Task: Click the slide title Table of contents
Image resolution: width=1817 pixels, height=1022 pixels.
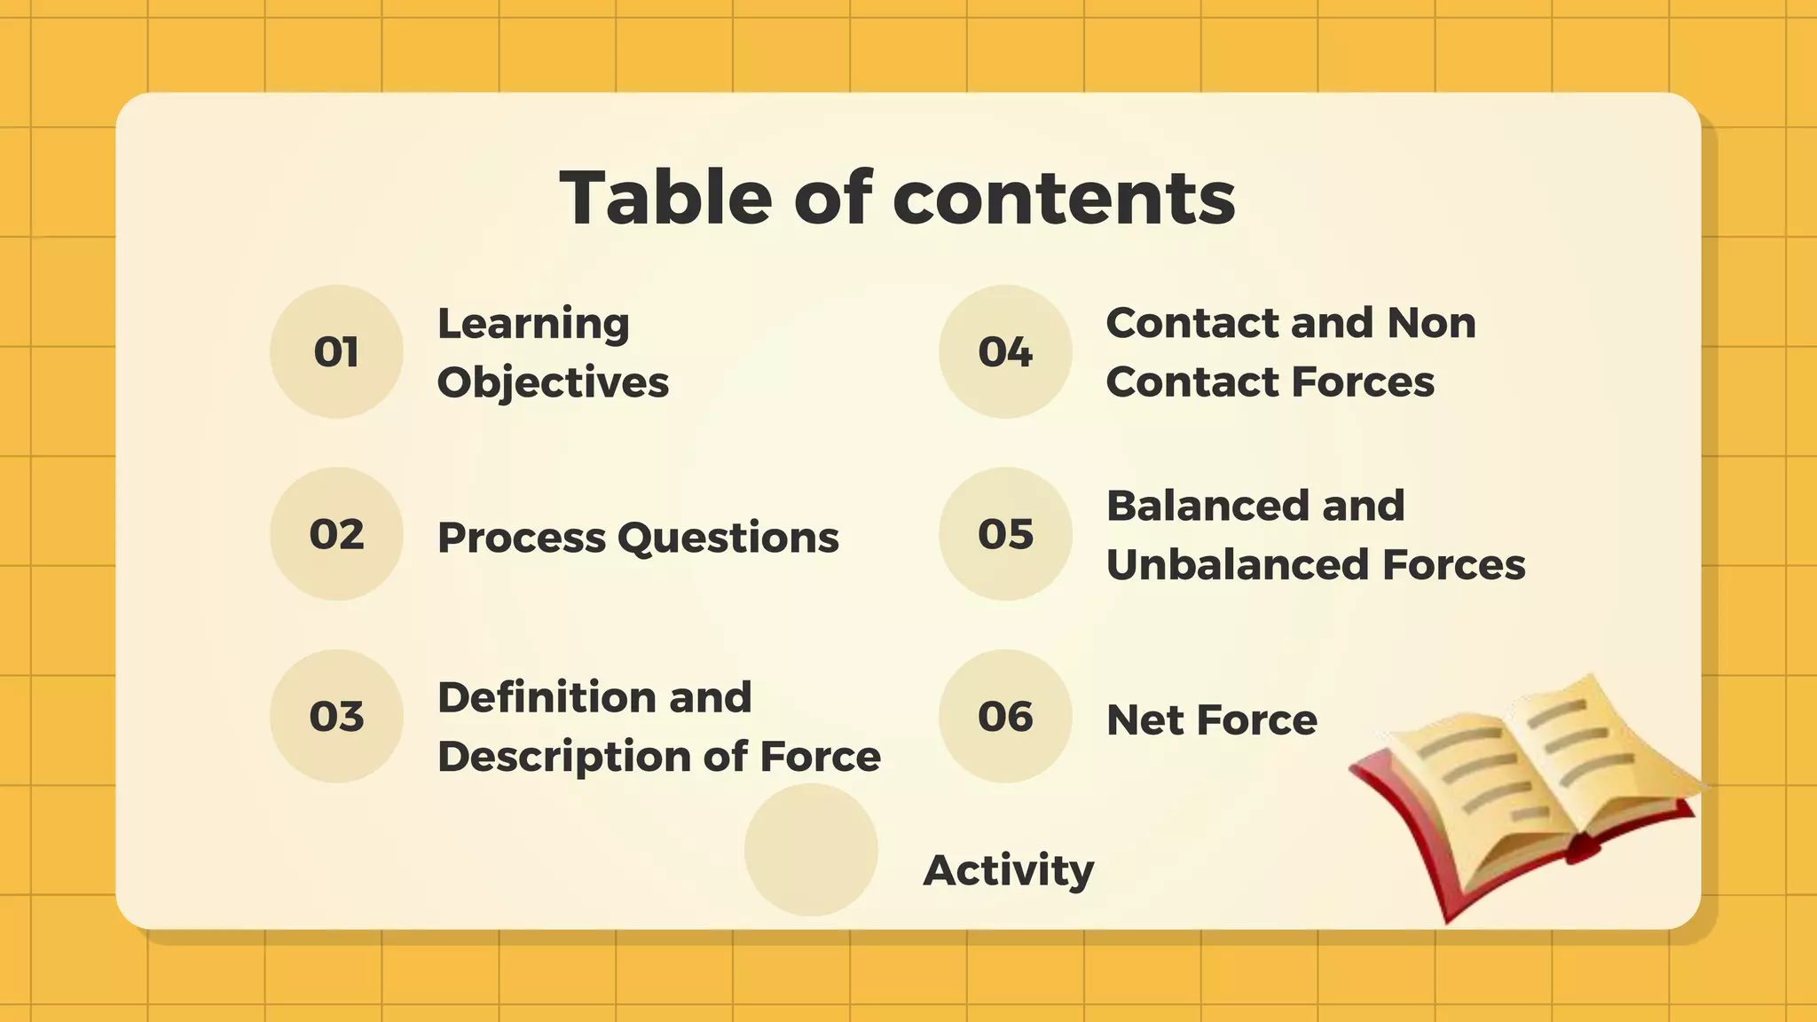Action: coord(897,197)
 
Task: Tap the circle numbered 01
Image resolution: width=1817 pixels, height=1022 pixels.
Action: coord(336,351)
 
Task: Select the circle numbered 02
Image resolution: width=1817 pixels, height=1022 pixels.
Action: coord(336,534)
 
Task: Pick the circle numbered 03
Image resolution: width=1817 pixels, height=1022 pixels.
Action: coord(336,716)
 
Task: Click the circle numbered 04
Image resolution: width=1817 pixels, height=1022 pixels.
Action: coord(1005,351)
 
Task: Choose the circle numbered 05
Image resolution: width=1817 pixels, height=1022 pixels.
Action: coord(1005,534)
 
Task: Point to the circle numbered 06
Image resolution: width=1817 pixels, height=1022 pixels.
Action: coord(1005,716)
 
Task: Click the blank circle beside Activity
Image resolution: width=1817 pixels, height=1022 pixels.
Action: coord(811,849)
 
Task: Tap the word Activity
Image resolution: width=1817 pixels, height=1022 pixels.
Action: coord(1009,870)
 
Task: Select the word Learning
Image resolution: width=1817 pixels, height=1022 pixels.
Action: coord(533,324)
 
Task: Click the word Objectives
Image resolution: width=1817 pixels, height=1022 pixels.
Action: coord(553,383)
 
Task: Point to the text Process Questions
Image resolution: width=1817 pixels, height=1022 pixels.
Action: coord(638,538)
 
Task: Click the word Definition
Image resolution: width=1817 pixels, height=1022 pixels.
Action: coord(545,697)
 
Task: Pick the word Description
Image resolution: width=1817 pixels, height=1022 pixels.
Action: coord(563,757)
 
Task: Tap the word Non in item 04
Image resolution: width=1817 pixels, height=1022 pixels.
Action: coord(1431,323)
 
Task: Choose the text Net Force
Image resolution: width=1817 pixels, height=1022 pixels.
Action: coord(1212,719)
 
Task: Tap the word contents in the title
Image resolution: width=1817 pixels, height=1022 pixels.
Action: coord(1064,197)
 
